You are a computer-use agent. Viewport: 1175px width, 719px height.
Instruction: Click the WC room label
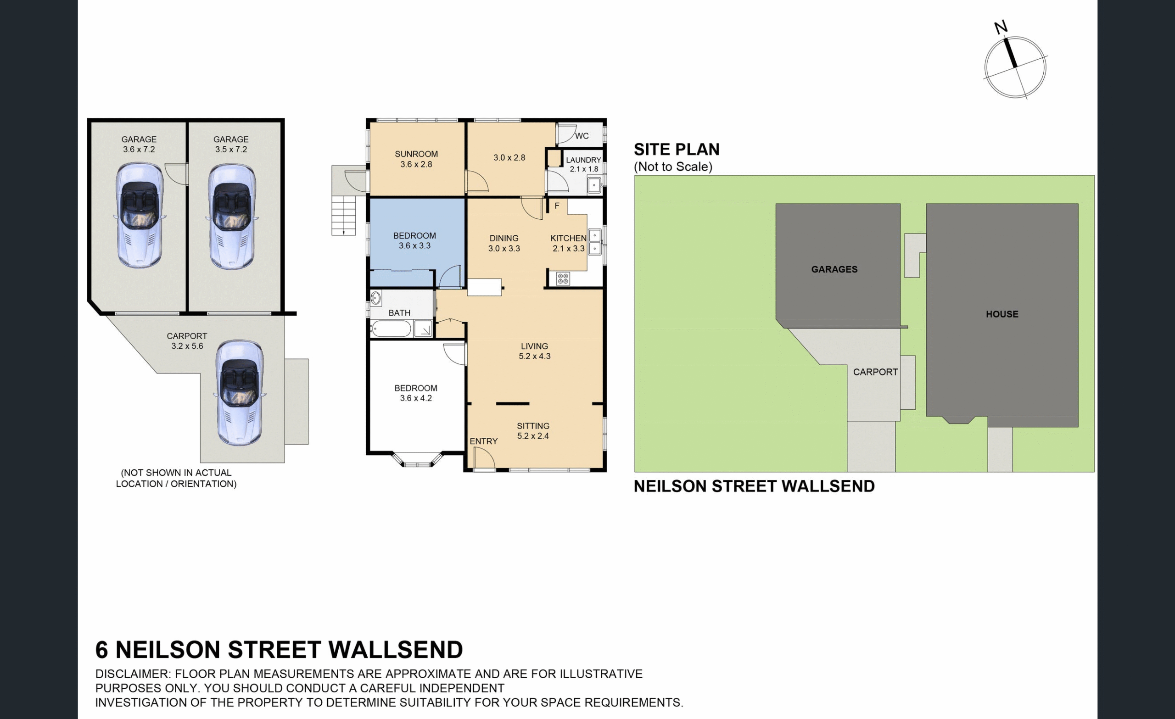(582, 136)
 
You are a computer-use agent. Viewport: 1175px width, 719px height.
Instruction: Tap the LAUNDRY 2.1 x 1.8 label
(584, 164)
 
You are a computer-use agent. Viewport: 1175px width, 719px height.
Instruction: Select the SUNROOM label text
(416, 154)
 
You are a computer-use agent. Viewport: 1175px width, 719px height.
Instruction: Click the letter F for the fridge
(556, 206)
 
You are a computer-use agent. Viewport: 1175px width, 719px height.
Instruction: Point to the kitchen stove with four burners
(563, 279)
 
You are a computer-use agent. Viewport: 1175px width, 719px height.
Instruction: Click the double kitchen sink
(594, 242)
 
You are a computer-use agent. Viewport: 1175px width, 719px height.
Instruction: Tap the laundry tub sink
(594, 184)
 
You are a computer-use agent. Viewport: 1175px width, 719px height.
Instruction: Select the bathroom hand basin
(376, 298)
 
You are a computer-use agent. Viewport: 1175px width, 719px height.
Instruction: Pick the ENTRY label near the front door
(484, 441)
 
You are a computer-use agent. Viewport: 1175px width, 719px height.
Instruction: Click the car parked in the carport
(240, 393)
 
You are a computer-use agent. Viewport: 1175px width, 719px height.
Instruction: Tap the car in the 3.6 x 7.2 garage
(139, 215)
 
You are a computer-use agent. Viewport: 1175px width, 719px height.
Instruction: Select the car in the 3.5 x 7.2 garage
(232, 216)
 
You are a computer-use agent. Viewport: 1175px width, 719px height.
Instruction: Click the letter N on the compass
(1001, 27)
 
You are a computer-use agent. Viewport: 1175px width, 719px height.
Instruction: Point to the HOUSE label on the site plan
(1002, 314)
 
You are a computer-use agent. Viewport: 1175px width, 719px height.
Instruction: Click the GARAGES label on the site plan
(834, 269)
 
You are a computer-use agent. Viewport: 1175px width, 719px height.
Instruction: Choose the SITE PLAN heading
(676, 150)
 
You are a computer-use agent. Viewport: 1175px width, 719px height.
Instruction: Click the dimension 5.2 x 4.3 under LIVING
(535, 356)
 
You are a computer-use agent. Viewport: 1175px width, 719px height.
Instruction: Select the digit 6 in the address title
(101, 650)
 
